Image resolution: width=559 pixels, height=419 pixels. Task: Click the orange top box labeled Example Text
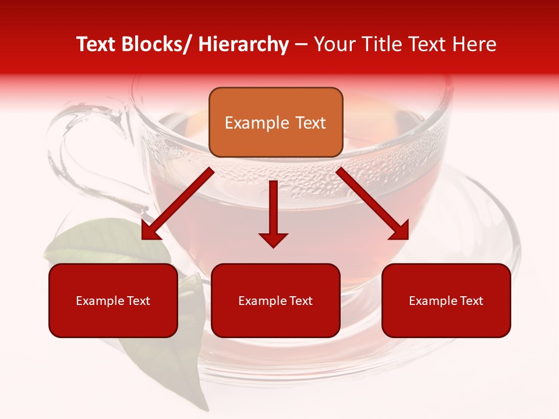(x=275, y=122)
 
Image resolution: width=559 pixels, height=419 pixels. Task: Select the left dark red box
(x=113, y=300)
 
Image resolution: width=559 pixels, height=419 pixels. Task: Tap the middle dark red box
(x=275, y=300)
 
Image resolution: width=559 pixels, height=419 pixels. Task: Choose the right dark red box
(x=446, y=300)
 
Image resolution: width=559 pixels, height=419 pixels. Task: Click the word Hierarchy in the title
(x=243, y=44)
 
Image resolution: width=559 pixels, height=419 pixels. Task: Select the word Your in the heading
(x=334, y=44)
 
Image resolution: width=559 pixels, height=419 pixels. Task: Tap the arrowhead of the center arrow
(x=273, y=239)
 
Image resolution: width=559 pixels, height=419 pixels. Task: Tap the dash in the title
(x=301, y=44)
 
